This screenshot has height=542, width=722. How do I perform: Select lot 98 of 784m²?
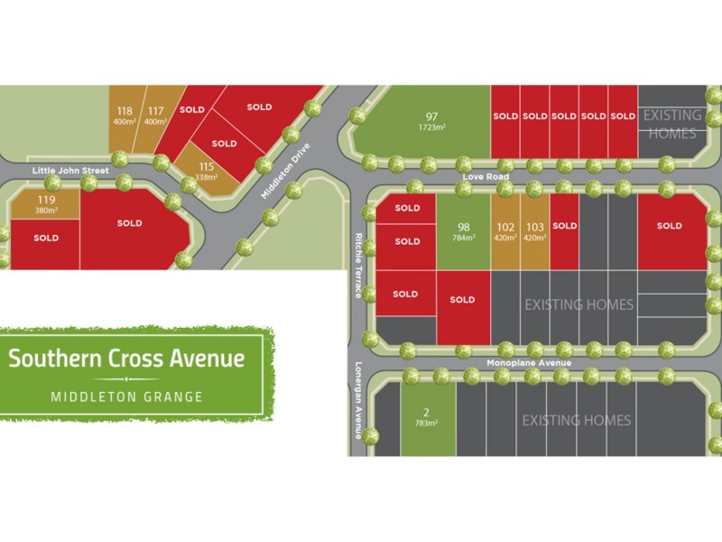463,232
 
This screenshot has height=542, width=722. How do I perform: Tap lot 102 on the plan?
505,232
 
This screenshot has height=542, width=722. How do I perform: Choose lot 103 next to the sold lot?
534,232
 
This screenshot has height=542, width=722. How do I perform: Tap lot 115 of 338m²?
207,171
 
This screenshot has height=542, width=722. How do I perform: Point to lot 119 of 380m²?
46,204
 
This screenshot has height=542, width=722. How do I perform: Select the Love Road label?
481,178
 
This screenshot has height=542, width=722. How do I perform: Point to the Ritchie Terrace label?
358,266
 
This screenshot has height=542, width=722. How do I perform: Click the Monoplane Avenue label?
529,363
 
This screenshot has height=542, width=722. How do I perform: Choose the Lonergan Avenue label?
358,401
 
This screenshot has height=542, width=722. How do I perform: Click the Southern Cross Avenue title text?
126,358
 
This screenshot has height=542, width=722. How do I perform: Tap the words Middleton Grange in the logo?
126,396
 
